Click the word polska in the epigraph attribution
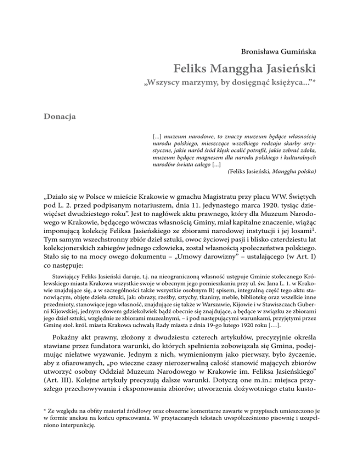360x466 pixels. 305,172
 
